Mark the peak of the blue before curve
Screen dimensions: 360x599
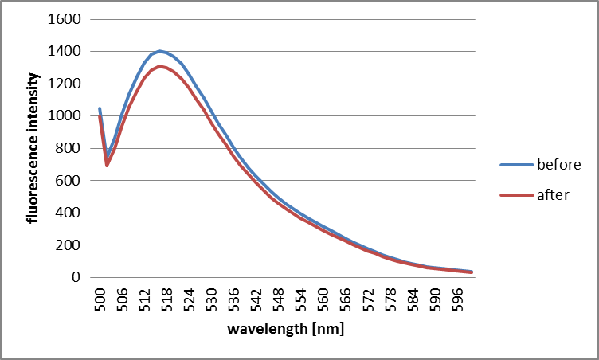160,51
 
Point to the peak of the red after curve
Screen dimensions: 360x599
160,66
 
